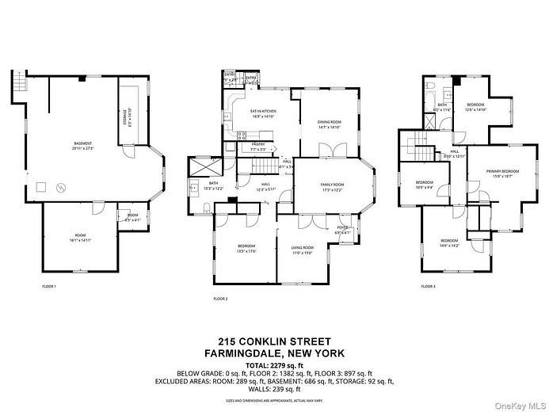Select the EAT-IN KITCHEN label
[x=262, y=113]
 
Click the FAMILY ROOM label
[x=331, y=187]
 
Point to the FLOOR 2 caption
[x=220, y=299]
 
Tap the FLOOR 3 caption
[x=428, y=286]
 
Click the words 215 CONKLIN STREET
[x=274, y=341]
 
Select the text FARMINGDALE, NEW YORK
[x=274, y=353]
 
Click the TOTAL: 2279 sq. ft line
[x=274, y=364]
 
